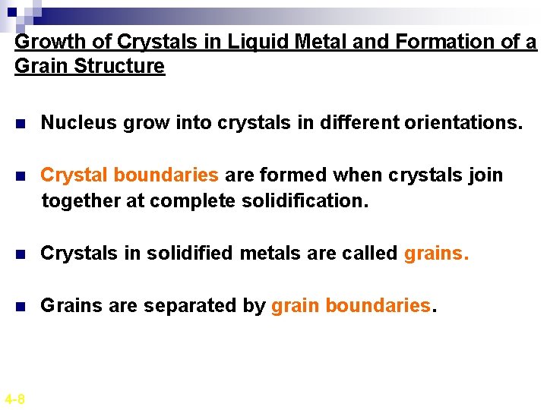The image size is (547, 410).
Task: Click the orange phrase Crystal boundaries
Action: click(129, 175)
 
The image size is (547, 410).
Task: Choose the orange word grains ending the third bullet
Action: click(436, 253)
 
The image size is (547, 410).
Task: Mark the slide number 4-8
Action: click(14, 399)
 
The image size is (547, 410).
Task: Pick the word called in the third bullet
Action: click(372, 253)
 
